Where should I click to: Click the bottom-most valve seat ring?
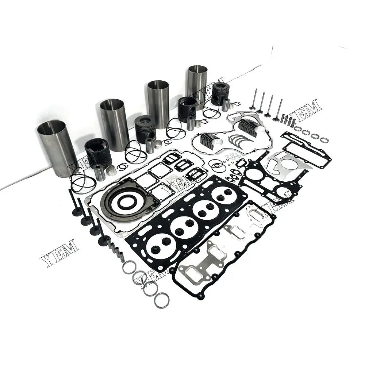(x=162, y=301)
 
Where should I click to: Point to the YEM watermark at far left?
(x=59, y=253)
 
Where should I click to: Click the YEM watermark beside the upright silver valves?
(x=305, y=109)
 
